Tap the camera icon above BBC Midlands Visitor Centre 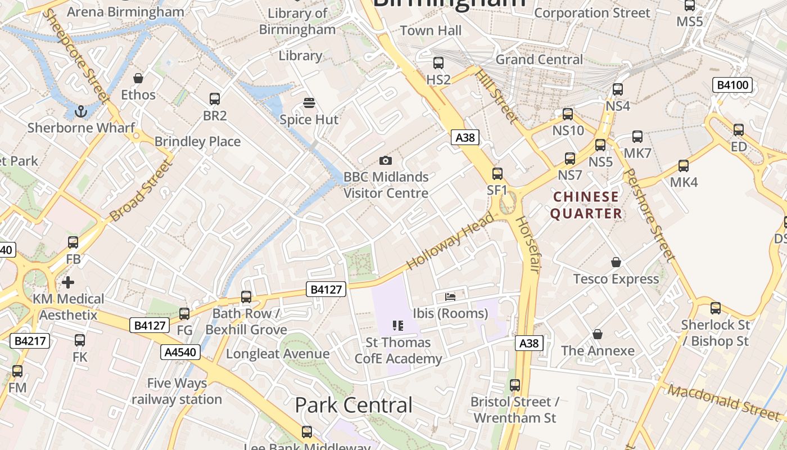[385, 160]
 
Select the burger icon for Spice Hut [309, 103]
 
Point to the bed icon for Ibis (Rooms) [450, 296]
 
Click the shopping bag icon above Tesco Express [616, 262]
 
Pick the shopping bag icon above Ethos [138, 78]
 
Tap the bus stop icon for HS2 [438, 63]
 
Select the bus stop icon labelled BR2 [215, 99]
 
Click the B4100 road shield [732, 85]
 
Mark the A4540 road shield [180, 352]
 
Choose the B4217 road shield [30, 340]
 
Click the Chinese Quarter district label [586, 205]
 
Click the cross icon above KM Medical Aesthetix [68, 282]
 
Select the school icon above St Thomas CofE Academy [398, 326]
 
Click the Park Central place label [354, 405]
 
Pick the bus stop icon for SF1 [497, 174]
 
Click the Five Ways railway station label [177, 391]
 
